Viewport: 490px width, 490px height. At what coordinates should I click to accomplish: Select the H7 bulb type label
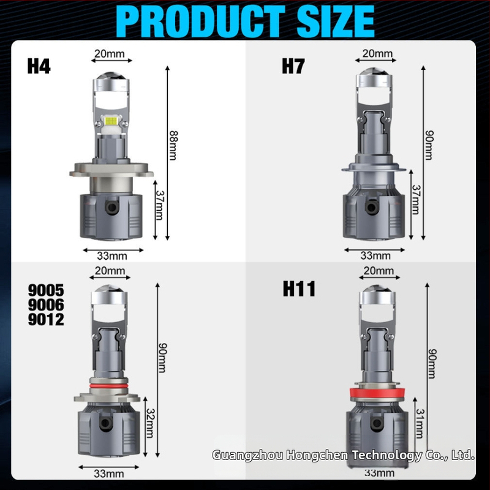pyautogui.click(x=293, y=66)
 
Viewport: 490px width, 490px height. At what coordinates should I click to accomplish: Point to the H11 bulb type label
pyautogui.click(x=299, y=288)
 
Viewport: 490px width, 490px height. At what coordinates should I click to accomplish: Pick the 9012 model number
pyautogui.click(x=46, y=319)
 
